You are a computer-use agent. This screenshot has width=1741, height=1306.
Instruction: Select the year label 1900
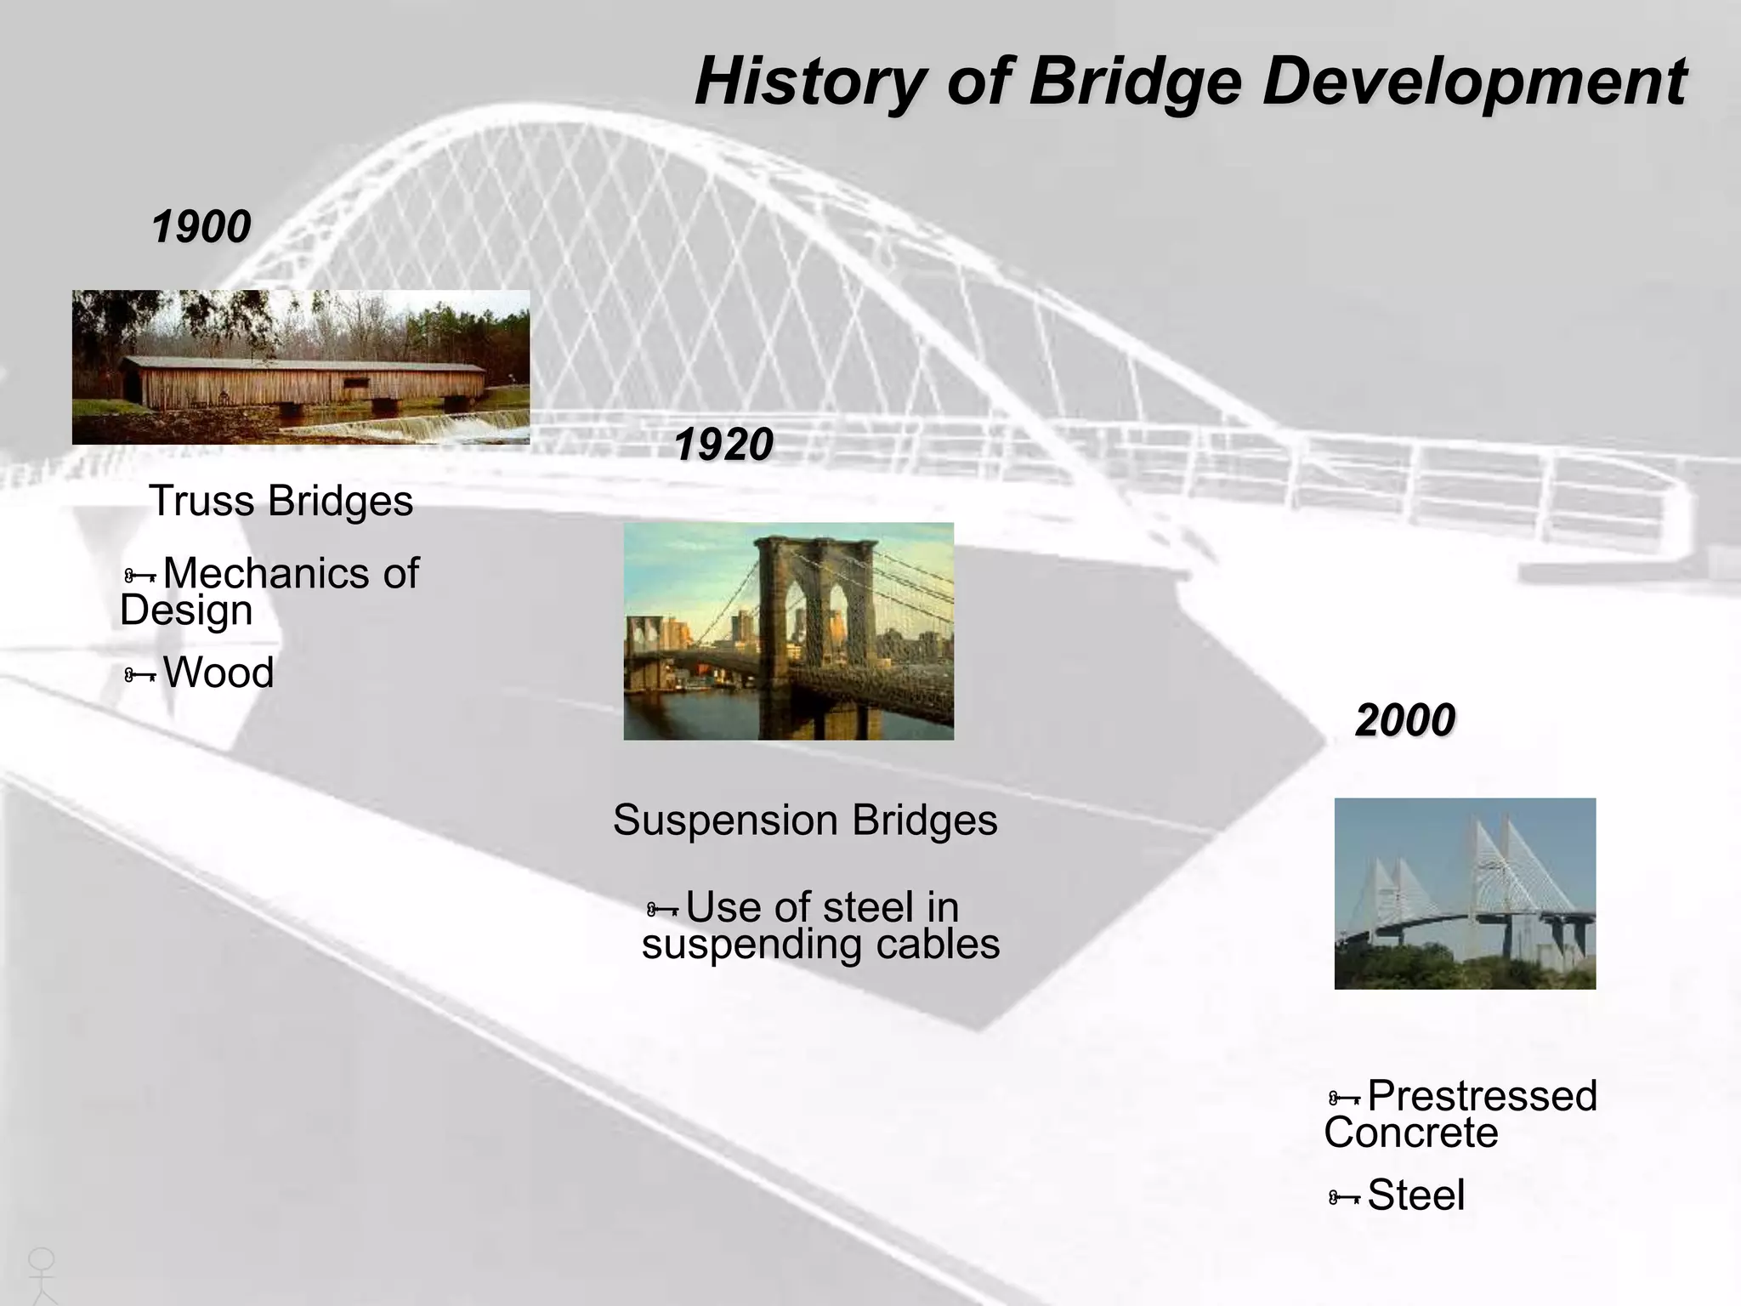[x=201, y=227]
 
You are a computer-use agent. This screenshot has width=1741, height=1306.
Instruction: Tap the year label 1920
[x=723, y=445]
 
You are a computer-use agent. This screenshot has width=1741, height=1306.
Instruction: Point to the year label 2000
[x=1404, y=720]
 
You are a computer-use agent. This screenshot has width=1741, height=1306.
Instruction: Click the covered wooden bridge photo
[x=300, y=366]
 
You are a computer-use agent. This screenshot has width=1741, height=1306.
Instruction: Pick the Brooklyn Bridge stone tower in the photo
[x=814, y=629]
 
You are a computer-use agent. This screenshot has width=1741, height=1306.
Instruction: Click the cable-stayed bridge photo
[x=1464, y=893]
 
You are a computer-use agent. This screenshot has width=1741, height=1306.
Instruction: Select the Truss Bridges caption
[x=281, y=501]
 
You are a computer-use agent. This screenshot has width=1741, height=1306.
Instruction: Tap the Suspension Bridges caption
[x=804, y=821]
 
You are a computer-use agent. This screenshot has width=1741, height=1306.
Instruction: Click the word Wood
[x=218, y=673]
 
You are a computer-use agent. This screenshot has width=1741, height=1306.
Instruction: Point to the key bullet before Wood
[x=139, y=675]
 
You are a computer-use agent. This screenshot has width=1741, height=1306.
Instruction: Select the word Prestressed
[x=1482, y=1096]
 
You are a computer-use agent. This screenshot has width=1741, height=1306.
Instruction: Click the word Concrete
[x=1410, y=1133]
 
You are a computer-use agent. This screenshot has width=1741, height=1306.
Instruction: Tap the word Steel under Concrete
[x=1415, y=1195]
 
